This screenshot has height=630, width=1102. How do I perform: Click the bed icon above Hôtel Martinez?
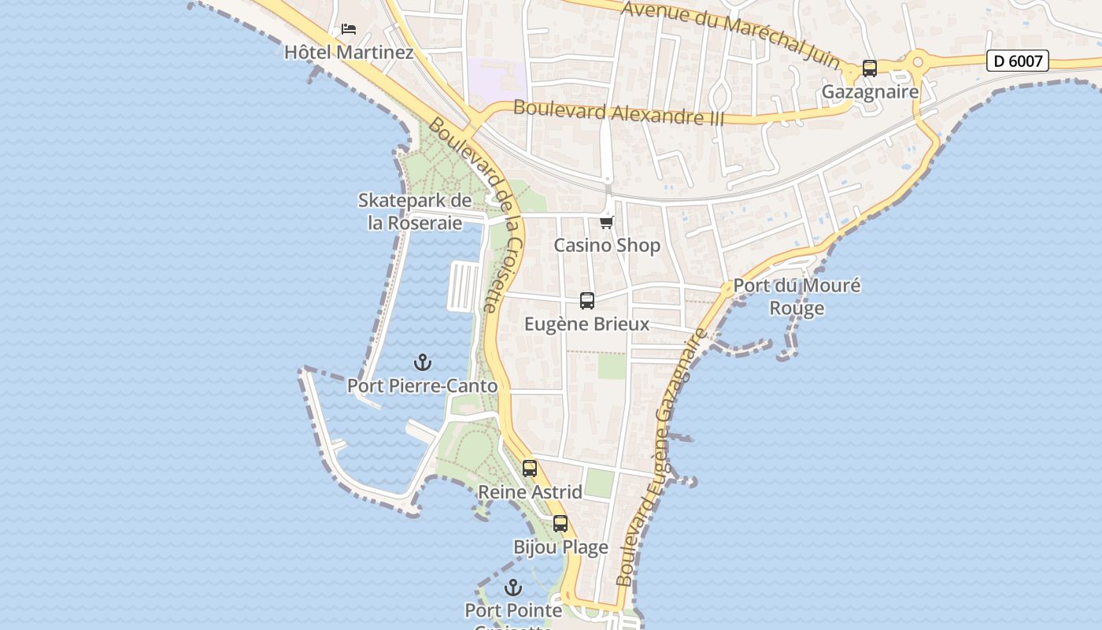349,29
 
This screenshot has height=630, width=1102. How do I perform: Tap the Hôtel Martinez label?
349,53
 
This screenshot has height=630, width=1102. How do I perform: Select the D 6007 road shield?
1017,61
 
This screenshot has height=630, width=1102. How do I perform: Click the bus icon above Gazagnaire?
870,69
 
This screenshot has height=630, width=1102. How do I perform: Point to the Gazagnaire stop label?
870,92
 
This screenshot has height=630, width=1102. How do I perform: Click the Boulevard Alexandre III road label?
619,113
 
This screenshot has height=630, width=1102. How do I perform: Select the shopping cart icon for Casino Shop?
606,222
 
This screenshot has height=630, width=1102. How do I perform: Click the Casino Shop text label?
607,246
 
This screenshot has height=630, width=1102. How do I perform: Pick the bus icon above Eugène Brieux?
587,300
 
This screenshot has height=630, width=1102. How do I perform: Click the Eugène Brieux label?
587,324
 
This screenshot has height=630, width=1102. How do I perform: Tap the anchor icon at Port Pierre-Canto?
423,362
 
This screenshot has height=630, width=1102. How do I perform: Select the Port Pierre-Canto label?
423,386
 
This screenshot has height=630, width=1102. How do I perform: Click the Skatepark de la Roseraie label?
415,211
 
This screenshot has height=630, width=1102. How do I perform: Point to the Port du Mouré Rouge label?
797,296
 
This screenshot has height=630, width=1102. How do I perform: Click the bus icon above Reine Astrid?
530,468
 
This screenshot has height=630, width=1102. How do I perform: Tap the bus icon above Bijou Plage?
560,523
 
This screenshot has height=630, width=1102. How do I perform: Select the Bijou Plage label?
560,547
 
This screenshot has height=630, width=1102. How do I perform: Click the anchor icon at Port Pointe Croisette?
513,587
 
